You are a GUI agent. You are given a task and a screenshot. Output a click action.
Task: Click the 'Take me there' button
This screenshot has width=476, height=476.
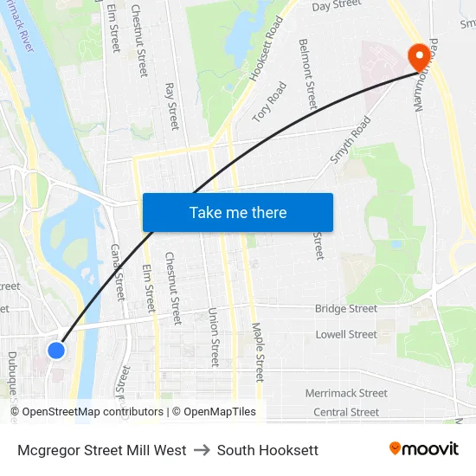tap(238, 213)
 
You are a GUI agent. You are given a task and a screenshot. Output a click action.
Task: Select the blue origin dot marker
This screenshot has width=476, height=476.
tap(56, 350)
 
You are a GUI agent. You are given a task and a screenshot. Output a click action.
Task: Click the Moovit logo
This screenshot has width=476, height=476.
tap(424, 449)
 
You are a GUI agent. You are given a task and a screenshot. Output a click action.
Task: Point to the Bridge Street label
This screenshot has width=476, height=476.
tap(346, 309)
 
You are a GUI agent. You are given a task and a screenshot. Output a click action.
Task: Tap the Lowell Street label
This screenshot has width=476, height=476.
tap(346, 334)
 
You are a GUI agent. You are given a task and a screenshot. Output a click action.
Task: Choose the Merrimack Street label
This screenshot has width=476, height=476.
tap(346, 393)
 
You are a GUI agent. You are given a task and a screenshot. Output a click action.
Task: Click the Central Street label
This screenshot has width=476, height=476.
tap(346, 412)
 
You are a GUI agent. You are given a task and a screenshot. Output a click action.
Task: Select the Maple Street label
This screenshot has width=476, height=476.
tap(257, 352)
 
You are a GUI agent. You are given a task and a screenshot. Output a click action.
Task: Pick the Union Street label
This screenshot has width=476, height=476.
tap(215, 337)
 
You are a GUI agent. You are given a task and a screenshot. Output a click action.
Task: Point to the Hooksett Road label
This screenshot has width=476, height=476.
tap(267, 48)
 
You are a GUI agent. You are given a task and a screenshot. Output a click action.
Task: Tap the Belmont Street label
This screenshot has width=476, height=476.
tap(307, 74)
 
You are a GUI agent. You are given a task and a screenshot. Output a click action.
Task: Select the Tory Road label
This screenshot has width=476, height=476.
tap(269, 101)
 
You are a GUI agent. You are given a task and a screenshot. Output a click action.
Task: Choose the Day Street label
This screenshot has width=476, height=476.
tap(336, 6)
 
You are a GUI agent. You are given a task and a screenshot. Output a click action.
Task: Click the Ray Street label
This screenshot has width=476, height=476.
tap(171, 106)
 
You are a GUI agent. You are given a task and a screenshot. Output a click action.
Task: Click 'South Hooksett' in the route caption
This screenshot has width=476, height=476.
tap(267, 450)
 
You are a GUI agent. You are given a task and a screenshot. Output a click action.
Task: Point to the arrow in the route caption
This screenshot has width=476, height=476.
tap(202, 450)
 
